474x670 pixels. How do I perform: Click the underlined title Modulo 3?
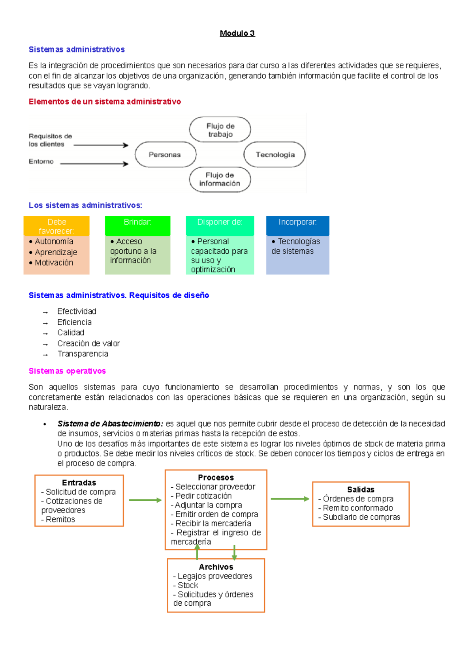pyautogui.click(x=237, y=34)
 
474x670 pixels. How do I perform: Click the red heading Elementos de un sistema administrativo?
pyautogui.click(x=105, y=102)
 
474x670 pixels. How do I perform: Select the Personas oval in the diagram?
pyautogui.click(x=165, y=155)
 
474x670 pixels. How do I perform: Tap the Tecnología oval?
pyautogui.click(x=275, y=155)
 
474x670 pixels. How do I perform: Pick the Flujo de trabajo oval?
pyautogui.click(x=220, y=130)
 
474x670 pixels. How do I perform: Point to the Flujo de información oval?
pyautogui.click(x=220, y=180)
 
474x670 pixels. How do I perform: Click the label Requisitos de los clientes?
pyautogui.click(x=50, y=140)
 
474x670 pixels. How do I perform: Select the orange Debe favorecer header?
pyautogui.click(x=56, y=226)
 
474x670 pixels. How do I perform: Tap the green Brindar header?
pyautogui.click(x=137, y=222)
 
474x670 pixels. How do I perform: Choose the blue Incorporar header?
pyautogui.click(x=297, y=222)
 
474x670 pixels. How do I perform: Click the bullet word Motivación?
pyautogui.click(x=54, y=263)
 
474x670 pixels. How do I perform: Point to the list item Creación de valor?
pyautogui.click(x=88, y=343)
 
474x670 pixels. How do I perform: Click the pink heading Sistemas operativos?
pyautogui.click(x=67, y=371)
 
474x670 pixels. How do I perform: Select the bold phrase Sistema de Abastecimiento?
pyautogui.click(x=110, y=424)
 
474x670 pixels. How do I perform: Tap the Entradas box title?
pyautogui.click(x=79, y=483)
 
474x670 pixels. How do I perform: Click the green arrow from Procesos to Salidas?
pyautogui.click(x=290, y=499)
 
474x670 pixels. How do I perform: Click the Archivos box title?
pyautogui.click(x=216, y=567)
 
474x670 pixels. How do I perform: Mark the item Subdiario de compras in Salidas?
pyautogui.click(x=361, y=517)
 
